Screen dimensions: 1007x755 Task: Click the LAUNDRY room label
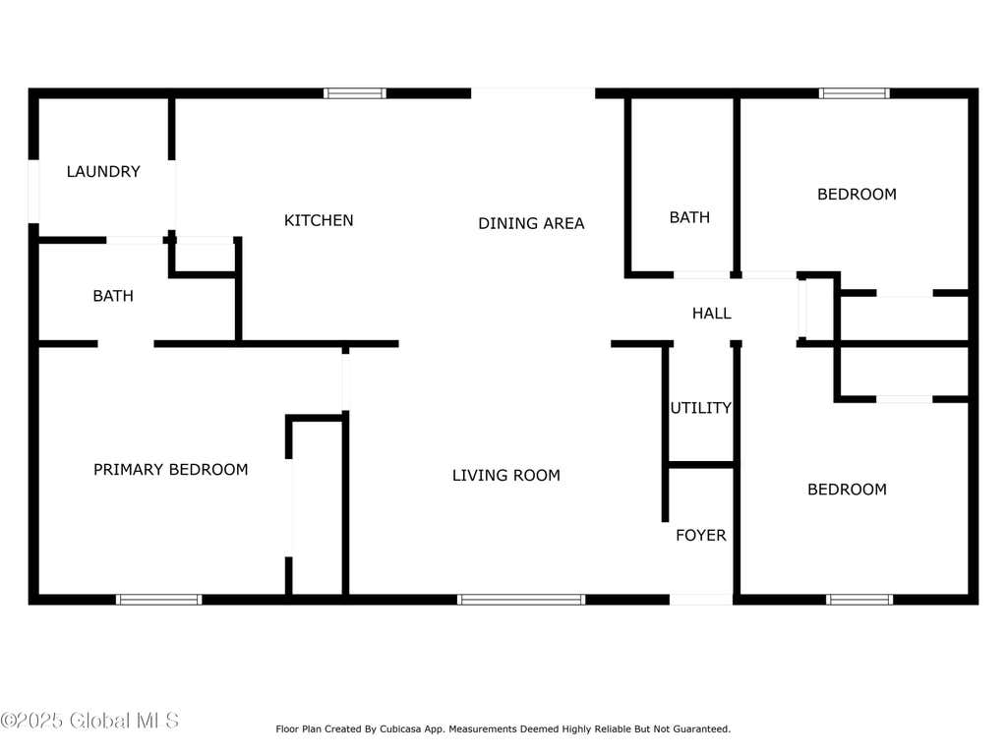(x=103, y=171)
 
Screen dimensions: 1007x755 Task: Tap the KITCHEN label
(x=319, y=220)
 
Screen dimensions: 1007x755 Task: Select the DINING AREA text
(x=531, y=223)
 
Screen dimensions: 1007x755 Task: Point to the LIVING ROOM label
(x=506, y=475)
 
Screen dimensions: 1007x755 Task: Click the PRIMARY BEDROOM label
(x=171, y=469)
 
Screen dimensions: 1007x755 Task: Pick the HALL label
(x=712, y=314)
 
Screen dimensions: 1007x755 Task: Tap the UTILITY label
(x=700, y=408)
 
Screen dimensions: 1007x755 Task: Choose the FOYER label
(x=700, y=535)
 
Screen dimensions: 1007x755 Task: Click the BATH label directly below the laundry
(x=113, y=296)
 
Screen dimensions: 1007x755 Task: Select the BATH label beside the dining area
(x=689, y=217)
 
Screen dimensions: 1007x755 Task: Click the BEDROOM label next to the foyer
(x=847, y=490)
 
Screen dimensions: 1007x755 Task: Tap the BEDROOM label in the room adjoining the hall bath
(x=857, y=194)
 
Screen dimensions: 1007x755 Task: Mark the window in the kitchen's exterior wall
(x=355, y=93)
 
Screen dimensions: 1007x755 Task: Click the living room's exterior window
(x=521, y=600)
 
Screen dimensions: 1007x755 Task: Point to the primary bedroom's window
(x=158, y=600)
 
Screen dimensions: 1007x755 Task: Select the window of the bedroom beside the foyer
(x=859, y=600)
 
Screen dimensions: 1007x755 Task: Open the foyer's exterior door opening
(x=700, y=600)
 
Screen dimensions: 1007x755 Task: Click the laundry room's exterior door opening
(x=33, y=192)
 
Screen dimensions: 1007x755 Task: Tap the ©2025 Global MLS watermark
(x=89, y=721)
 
